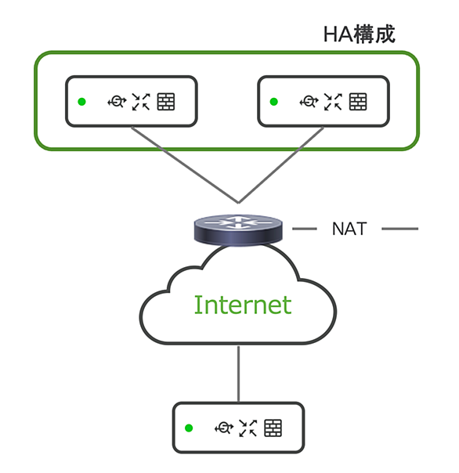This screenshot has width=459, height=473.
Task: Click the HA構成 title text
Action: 359,34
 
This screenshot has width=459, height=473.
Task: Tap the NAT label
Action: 349,229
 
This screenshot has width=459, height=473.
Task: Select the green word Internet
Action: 243,305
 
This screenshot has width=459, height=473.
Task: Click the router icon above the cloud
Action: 238,229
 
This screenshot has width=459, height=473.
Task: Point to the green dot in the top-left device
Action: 81,102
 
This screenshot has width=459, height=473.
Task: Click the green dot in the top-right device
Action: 273,102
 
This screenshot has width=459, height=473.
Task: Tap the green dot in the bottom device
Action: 189,428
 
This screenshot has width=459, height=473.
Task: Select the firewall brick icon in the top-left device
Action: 166,102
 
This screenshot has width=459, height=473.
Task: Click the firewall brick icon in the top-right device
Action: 358,102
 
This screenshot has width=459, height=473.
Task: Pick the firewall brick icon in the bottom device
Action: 273,428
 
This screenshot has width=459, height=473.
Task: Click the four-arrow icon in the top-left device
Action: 141,102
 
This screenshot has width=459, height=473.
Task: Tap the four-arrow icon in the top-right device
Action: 333,102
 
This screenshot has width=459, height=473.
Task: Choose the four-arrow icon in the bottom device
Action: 248,428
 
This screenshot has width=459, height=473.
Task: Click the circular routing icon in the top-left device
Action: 117,101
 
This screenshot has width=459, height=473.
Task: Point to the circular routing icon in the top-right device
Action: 309,101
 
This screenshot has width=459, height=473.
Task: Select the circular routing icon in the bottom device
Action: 223,428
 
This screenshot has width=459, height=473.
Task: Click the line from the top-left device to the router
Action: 185,164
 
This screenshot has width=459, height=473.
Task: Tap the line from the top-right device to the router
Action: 281,164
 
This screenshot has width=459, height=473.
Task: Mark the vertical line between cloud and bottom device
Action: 238,374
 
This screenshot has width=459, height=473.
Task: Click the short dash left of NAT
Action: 305,229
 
